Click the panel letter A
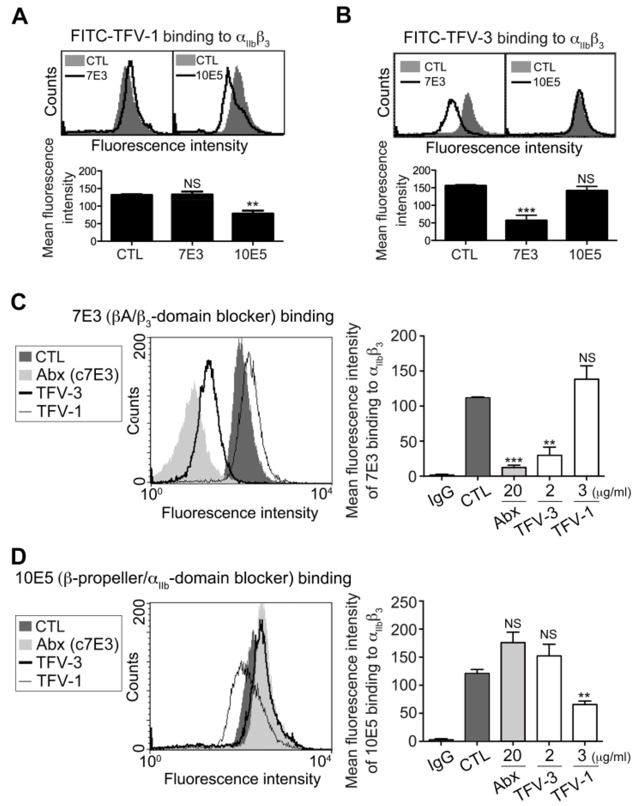pyautogui.click(x=20, y=17)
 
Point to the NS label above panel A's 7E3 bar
pyautogui.click(x=192, y=183)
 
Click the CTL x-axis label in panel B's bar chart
pyautogui.click(x=464, y=255)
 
